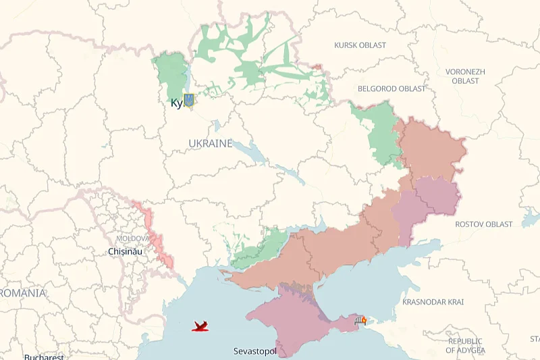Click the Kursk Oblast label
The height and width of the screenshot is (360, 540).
360,45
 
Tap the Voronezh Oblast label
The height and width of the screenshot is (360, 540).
465,76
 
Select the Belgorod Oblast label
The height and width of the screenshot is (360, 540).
391,88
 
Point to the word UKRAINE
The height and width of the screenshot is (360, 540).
210,144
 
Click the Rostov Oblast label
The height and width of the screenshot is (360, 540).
483,224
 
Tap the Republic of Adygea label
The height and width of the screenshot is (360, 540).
465,345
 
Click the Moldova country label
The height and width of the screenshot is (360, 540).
132,238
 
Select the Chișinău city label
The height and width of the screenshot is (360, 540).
126,251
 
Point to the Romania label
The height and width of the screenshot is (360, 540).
23,293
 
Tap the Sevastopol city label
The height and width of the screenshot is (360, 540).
255,351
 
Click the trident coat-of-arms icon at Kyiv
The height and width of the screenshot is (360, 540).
189,101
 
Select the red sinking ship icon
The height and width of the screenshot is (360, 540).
200,327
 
